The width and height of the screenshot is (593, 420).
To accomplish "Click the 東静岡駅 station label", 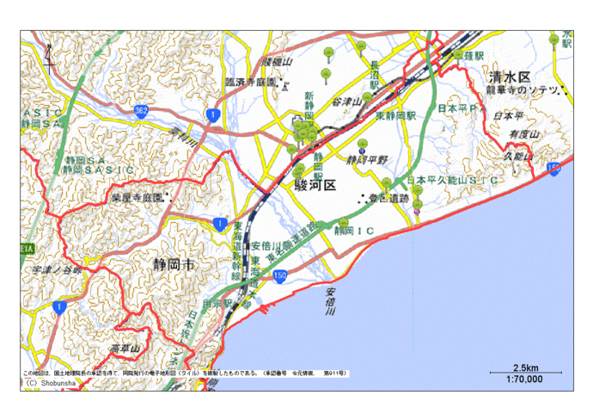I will click(x=398, y=114).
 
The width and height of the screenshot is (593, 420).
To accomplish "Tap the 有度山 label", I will click(x=523, y=135).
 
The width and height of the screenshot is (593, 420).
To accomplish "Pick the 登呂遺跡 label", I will click(x=388, y=200).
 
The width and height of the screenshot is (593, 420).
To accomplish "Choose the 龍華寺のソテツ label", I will click(x=523, y=90).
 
